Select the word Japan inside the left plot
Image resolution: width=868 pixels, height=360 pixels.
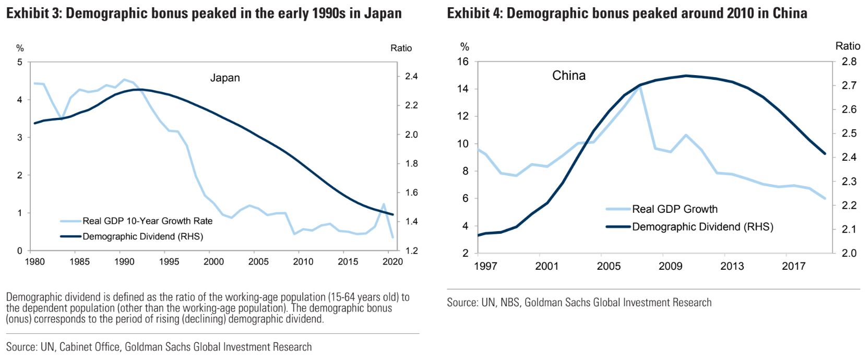tap(225, 78)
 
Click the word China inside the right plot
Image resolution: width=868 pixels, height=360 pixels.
tap(568, 76)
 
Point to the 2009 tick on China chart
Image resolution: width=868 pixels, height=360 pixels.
tap(670, 267)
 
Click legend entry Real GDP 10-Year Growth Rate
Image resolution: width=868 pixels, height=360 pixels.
tap(147, 221)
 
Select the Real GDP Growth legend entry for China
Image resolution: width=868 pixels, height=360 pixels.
tap(674, 209)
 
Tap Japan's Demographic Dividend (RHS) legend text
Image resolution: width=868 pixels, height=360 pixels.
tap(142, 236)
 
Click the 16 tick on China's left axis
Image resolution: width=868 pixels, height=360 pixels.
tap(463, 62)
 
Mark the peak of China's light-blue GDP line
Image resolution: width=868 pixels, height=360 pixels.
tap(640, 87)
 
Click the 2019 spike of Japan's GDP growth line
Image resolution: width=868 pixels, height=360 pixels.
tap(384, 204)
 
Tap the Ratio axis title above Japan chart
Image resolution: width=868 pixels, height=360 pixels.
tap(401, 49)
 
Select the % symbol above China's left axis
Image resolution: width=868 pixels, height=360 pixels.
tap(465, 47)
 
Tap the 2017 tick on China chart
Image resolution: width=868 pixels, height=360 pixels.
tap(794, 267)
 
